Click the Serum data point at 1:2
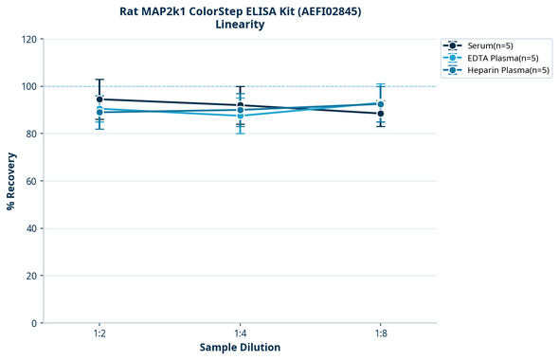pyautogui.click(x=99, y=99)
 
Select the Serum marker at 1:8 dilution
pyautogui.click(x=381, y=114)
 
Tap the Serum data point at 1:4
pyautogui.click(x=241, y=105)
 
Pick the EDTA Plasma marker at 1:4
pyautogui.click(x=241, y=116)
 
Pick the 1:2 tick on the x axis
pyautogui.click(x=99, y=333)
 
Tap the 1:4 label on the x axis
pyautogui.click(x=241, y=333)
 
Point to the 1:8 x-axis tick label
pyautogui.click(x=381, y=333)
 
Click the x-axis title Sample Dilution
pyautogui.click(x=240, y=348)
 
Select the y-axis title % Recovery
pyautogui.click(x=11, y=181)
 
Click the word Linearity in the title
pyautogui.click(x=240, y=25)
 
